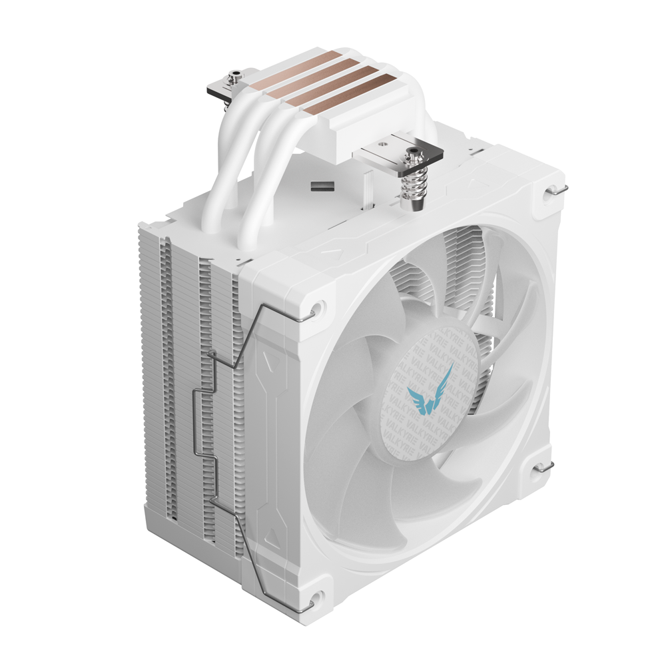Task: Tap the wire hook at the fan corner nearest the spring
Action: click(x=553, y=192)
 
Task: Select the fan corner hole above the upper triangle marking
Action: click(x=318, y=308)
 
